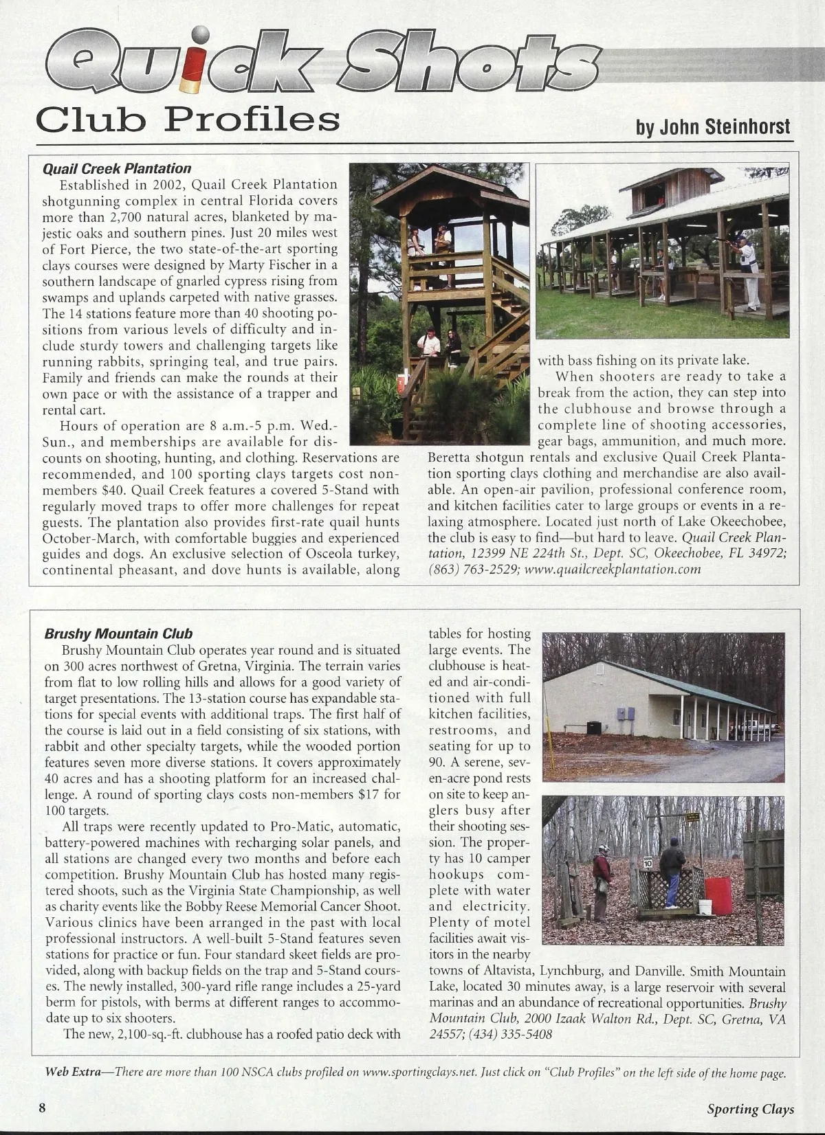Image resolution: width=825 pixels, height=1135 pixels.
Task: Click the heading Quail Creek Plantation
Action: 117,168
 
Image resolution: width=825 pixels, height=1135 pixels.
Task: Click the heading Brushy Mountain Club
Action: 118,633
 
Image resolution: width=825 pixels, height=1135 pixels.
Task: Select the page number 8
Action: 42,1108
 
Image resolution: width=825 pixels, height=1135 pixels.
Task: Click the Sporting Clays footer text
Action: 750,1108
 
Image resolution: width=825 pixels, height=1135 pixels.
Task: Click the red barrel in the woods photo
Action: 718,895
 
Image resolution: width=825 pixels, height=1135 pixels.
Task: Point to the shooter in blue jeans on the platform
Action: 672,873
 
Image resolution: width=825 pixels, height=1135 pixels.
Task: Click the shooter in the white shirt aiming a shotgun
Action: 748,271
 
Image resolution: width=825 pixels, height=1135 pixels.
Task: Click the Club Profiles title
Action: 188,120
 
